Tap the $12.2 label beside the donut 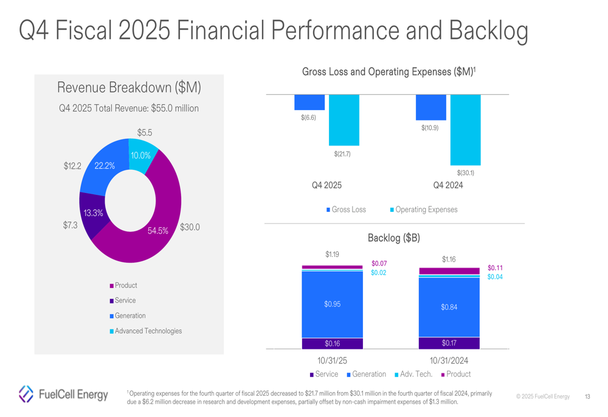[72, 166]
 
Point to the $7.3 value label [71, 225]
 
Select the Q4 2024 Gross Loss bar [430, 107]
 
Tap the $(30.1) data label [465, 173]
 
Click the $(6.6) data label [308, 117]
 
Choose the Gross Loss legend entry [347, 209]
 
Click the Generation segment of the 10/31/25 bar [333, 304]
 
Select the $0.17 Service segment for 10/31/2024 [449, 343]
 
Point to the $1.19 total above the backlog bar [332, 254]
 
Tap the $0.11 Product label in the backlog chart [495, 268]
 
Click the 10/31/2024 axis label [449, 361]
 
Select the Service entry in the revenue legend [125, 301]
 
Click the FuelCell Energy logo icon [26, 394]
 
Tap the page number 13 [587, 397]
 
